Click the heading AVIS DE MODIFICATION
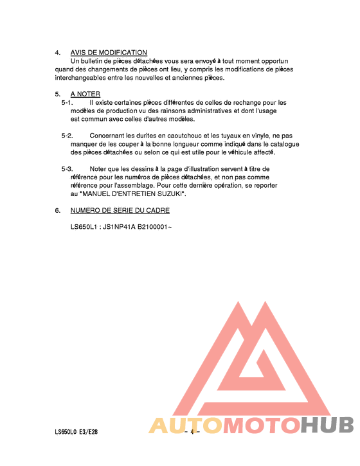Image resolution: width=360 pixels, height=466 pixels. pyautogui.click(x=109, y=53)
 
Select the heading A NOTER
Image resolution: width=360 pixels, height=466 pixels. pyautogui.click(x=85, y=94)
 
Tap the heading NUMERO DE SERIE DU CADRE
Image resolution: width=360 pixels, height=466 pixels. pyautogui.click(x=120, y=211)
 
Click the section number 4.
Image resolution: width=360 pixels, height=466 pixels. pyautogui.click(x=57, y=53)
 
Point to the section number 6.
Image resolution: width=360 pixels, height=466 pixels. pyautogui.click(x=57, y=211)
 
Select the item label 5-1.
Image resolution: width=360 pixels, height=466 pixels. pyautogui.click(x=67, y=103)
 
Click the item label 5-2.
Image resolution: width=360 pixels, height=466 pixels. pyautogui.click(x=67, y=136)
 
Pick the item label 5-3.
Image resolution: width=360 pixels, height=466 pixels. pyautogui.click(x=67, y=169)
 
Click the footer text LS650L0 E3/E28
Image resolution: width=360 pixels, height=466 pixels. pyautogui.click(x=76, y=431)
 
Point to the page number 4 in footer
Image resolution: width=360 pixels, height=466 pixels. pyautogui.click(x=192, y=431)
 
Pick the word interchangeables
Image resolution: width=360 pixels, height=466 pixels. pyautogui.click(x=82, y=78)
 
